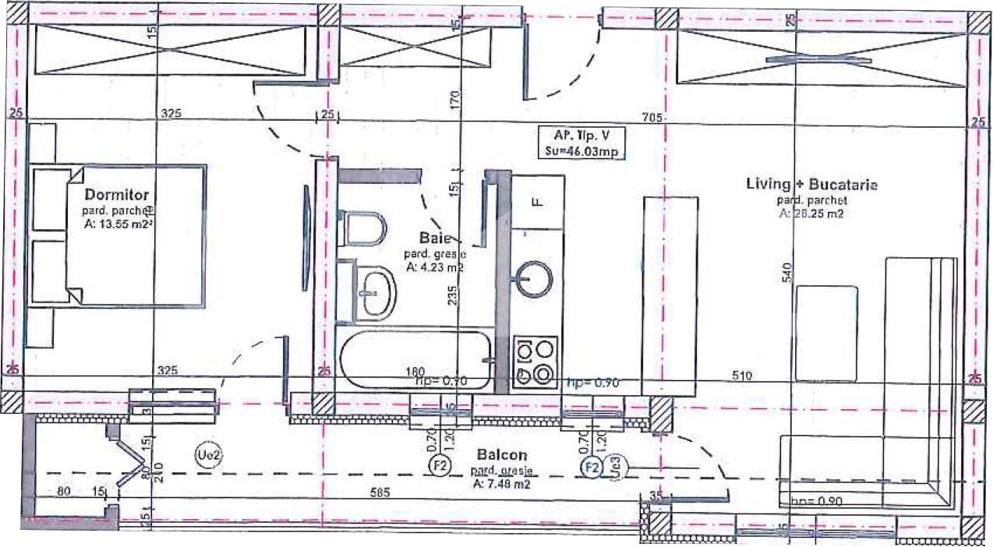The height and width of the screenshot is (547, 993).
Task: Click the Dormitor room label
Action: click(117, 194)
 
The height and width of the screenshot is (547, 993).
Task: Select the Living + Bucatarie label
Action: click(811, 185)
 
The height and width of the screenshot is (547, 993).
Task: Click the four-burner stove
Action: click(536, 360)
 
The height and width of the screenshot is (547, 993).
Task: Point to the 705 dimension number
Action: click(652, 118)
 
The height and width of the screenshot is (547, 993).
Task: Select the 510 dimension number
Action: click(742, 376)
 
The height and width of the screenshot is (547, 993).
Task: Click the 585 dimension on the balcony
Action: click(380, 493)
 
